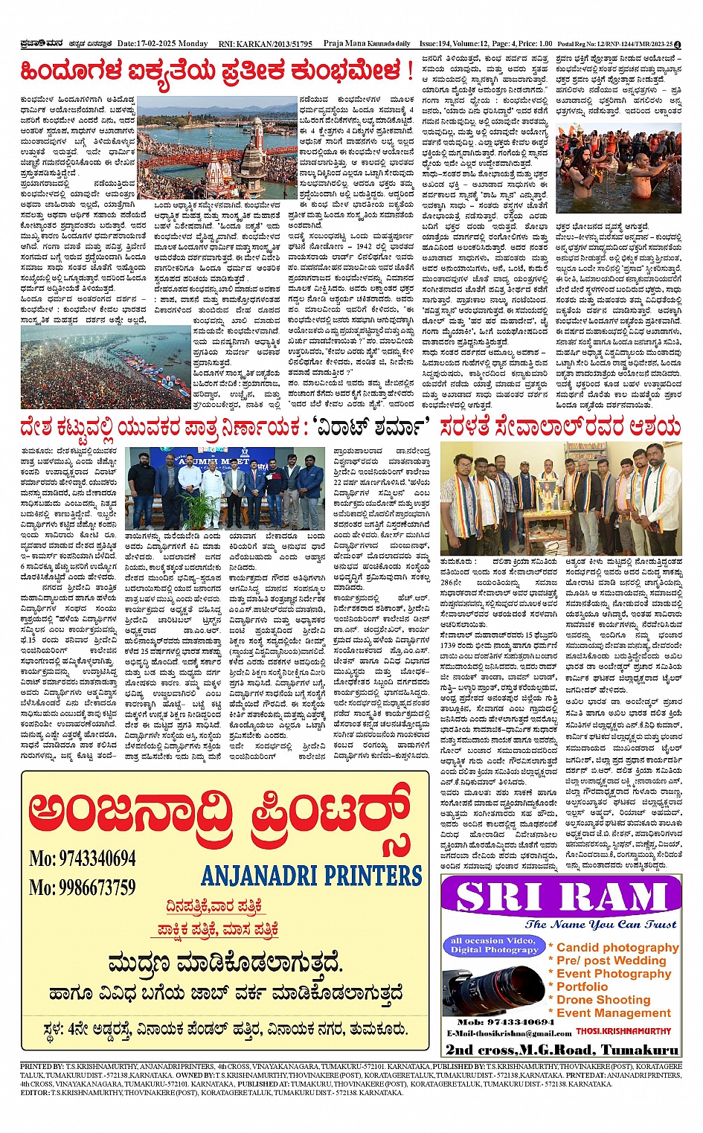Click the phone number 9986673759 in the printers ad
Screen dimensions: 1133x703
click(83, 887)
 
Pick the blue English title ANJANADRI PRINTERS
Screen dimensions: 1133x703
click(311, 875)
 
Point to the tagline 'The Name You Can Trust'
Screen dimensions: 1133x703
click(600, 924)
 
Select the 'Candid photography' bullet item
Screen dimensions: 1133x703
click(617, 947)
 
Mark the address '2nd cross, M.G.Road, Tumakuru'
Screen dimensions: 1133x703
click(562, 1050)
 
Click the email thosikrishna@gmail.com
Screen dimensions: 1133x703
click(509, 1033)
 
